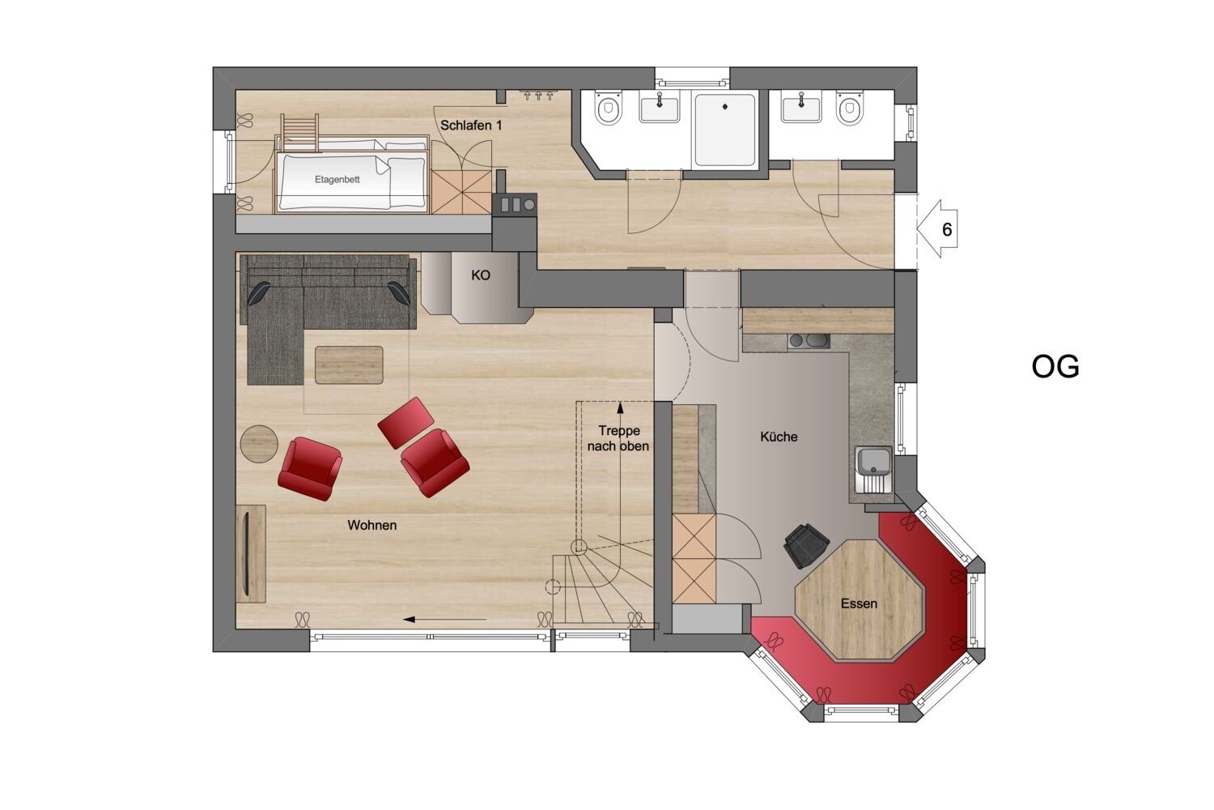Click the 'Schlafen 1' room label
pos(471,126)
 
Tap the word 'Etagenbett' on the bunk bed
pos(337,179)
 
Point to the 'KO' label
pos(481,275)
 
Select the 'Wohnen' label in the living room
pos(372,525)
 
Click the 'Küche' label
pos(779,437)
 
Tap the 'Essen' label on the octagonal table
pos(859,603)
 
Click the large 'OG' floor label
pos(1055,367)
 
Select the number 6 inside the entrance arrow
pos(947,229)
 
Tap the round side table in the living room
pos(259,444)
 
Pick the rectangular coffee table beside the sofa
pos(349,365)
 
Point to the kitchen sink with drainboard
pos(873,470)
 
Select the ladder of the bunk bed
pos(299,132)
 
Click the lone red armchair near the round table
pos(309,469)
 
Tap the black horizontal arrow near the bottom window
pos(444,619)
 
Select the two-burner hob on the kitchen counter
pos(809,341)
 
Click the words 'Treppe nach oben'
pos(618,438)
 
